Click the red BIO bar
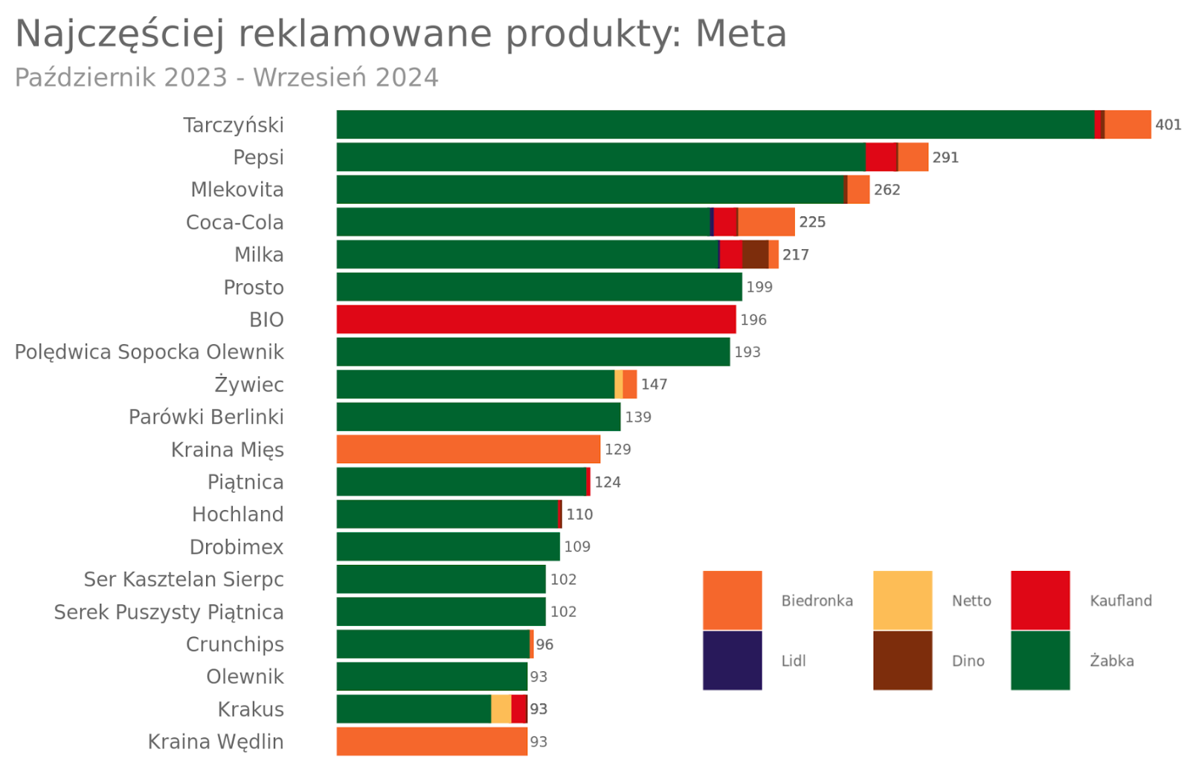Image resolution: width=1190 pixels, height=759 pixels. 535,320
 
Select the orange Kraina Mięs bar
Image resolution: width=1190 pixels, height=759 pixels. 468,449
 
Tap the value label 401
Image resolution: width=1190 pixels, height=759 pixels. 1168,125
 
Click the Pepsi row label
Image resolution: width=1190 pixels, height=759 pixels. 258,158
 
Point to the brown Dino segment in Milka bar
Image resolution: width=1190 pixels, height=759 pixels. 755,254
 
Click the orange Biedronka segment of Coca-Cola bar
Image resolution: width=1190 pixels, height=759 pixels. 766,222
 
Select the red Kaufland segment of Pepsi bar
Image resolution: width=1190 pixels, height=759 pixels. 881,158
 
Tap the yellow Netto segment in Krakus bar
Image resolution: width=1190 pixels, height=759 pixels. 501,709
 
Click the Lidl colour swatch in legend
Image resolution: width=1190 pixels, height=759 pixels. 732,660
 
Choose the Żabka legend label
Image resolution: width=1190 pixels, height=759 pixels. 1111,661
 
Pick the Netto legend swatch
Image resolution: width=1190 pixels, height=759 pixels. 902,600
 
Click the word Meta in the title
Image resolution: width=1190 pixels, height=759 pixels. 741,34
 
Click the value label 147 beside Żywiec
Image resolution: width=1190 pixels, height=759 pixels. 654,384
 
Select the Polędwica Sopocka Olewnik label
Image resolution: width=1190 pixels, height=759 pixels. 149,352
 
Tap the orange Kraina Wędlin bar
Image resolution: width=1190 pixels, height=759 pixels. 431,741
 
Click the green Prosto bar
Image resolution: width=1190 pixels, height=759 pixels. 538,287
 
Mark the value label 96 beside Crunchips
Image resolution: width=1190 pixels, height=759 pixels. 544,645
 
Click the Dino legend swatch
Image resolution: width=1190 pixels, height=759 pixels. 902,660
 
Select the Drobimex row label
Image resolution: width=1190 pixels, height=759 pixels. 237,547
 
